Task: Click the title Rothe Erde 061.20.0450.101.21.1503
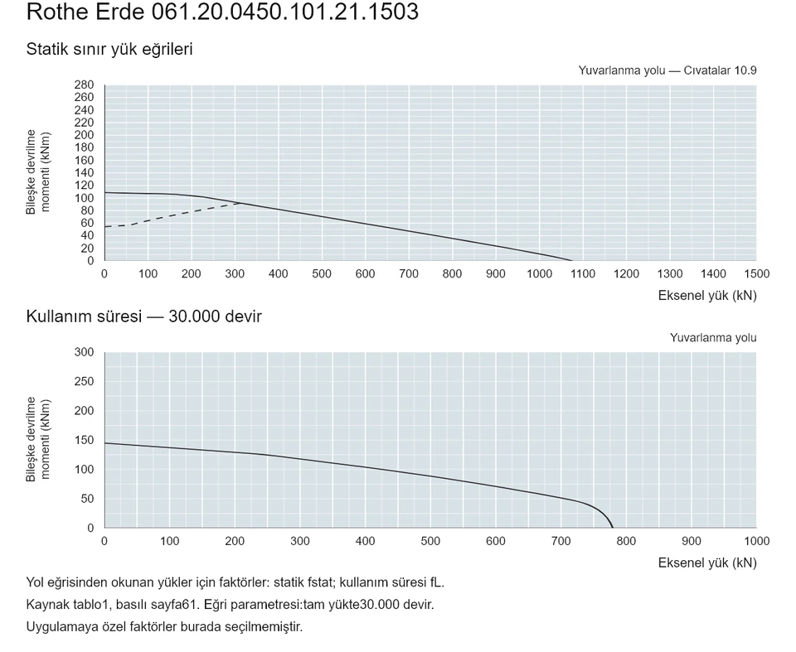click(x=222, y=12)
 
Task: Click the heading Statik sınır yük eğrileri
click(x=109, y=49)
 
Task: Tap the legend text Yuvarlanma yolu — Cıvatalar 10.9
click(x=667, y=70)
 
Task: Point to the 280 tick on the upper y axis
click(x=84, y=85)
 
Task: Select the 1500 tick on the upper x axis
click(x=756, y=274)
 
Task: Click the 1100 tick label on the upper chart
click(x=582, y=274)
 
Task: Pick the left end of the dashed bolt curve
click(x=105, y=227)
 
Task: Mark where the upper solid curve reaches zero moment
click(x=572, y=260)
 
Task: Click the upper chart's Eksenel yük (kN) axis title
click(x=707, y=296)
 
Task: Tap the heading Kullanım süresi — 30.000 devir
click(x=143, y=316)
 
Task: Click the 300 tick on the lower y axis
click(x=84, y=352)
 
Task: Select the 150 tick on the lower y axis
click(x=84, y=441)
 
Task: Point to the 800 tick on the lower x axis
click(x=626, y=541)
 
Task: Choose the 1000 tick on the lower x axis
click(x=756, y=541)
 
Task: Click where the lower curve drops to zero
click(x=613, y=528)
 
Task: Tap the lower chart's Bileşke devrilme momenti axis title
click(x=38, y=439)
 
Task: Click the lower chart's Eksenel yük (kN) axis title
click(x=707, y=563)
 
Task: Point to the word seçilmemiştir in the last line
click(x=270, y=627)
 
